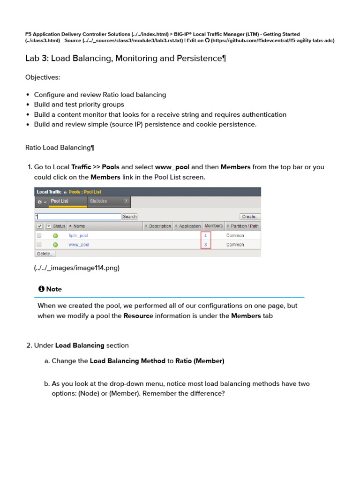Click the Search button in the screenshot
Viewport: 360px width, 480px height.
click(129, 217)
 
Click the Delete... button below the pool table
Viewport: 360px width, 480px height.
click(45, 254)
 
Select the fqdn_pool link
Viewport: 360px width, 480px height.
click(78, 235)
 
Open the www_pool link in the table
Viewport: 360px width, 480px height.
click(79, 245)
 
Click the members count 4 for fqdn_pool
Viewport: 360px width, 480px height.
click(205, 235)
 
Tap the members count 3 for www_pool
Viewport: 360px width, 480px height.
click(205, 245)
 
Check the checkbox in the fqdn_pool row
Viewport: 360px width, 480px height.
click(39, 235)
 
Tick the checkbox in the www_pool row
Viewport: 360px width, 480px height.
click(39, 245)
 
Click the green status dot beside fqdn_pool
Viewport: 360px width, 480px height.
click(55, 235)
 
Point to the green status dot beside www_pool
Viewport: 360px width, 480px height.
click(55, 245)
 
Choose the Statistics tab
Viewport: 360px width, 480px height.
click(98, 201)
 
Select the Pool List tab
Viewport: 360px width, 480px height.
click(60, 201)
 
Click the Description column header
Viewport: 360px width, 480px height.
click(158, 226)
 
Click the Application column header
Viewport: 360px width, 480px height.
click(187, 226)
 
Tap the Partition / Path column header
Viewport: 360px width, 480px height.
click(242, 226)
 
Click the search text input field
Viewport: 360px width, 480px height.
click(78, 217)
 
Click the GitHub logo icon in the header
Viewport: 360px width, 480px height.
click(207, 41)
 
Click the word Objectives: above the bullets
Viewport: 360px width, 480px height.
click(42, 77)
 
